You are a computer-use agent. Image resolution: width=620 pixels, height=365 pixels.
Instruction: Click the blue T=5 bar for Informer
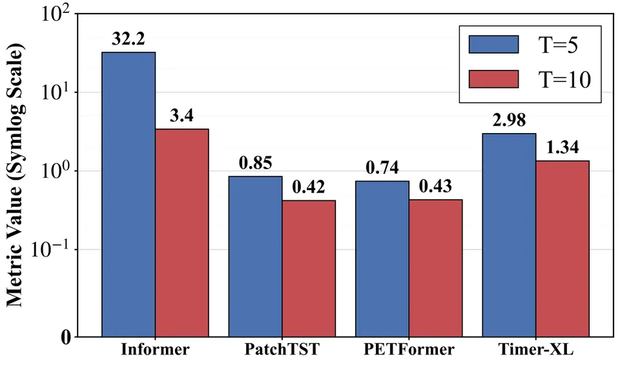(x=129, y=194)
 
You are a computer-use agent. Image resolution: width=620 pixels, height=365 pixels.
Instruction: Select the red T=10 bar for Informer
(x=182, y=233)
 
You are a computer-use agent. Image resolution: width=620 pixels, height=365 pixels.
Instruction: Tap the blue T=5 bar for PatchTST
(x=256, y=256)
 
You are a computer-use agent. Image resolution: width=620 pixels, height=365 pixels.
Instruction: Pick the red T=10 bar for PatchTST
(x=309, y=269)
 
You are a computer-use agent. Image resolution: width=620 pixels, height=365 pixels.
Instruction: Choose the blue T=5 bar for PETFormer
(x=382, y=259)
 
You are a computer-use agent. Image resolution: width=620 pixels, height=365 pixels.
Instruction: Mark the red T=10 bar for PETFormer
(x=436, y=268)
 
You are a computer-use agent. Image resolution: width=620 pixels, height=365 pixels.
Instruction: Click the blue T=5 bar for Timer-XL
(x=510, y=235)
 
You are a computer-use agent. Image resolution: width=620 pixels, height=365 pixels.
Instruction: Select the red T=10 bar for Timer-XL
(x=563, y=249)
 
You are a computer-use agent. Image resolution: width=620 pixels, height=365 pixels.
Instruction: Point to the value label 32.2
(x=129, y=39)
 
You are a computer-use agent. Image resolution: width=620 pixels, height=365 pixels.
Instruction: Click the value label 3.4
(x=182, y=116)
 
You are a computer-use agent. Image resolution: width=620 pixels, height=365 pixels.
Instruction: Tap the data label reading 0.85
(x=256, y=163)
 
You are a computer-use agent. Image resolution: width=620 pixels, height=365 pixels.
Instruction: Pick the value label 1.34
(x=563, y=147)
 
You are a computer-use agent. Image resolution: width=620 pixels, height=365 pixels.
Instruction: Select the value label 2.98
(x=510, y=120)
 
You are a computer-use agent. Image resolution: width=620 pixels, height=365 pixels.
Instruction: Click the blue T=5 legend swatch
(x=493, y=45)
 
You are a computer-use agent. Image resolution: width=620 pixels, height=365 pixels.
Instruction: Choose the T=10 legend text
(x=564, y=79)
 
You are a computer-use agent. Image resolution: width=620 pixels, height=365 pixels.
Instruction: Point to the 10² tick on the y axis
(x=56, y=15)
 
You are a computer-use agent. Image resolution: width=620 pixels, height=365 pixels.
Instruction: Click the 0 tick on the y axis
(x=66, y=337)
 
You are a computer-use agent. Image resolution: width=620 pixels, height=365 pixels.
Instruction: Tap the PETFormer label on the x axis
(x=409, y=349)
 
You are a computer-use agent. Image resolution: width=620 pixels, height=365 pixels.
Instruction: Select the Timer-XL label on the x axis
(x=536, y=349)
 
